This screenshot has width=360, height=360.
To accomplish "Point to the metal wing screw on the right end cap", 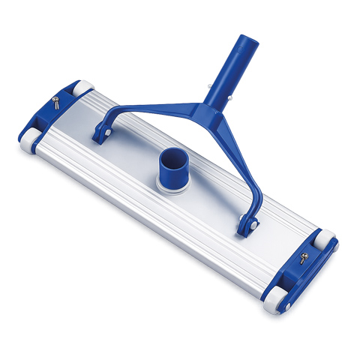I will (301, 257).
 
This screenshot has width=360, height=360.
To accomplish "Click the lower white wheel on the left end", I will (28, 142).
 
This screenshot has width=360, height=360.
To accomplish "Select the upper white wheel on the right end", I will (327, 241).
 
